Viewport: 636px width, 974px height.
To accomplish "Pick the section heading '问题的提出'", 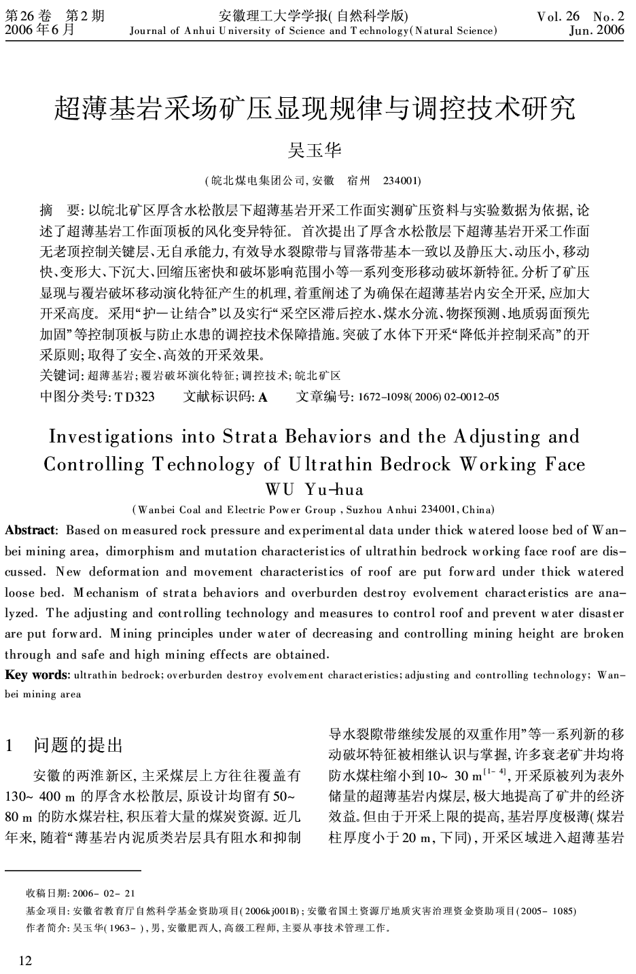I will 79,746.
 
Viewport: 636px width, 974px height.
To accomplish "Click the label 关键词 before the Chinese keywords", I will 59,375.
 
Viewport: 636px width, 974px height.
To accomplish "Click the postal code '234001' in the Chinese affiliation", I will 401,181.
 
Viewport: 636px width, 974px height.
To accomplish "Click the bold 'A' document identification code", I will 263,398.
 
